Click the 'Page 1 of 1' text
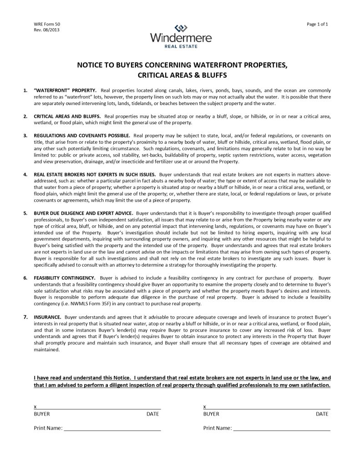pyautogui.click(x=318, y=24)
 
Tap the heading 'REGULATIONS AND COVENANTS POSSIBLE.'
pyautogui.click(x=82, y=136)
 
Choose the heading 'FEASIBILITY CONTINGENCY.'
pyautogui.click(x=65, y=277)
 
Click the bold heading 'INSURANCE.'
pyautogui.click(x=47, y=316)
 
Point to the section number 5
pyautogui.click(x=25, y=213)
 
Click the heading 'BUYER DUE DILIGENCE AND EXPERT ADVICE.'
pyautogui.click(x=84, y=213)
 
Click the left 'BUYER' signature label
pyautogui.click(x=42, y=414)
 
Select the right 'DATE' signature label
pyautogui.click(x=322, y=414)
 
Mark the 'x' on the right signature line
pyautogui.click(x=205, y=406)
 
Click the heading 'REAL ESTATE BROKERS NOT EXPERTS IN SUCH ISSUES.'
pyautogui.click(x=95, y=174)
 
